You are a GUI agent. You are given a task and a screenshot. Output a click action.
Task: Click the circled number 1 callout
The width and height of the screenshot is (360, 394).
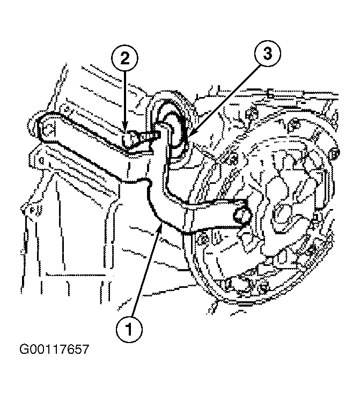[129, 330]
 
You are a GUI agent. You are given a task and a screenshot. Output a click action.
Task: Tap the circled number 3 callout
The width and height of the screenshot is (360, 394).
[267, 54]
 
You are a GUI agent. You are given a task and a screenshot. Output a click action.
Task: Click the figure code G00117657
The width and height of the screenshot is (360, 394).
[54, 350]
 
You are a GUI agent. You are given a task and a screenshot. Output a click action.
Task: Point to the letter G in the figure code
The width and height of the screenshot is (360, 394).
[24, 350]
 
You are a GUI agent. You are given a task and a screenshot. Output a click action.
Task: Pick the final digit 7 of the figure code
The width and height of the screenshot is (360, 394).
[85, 350]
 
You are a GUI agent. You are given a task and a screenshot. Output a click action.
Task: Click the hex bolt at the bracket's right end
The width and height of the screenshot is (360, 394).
[242, 215]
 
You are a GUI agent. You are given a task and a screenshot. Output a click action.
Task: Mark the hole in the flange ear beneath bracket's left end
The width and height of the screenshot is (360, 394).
[41, 159]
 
